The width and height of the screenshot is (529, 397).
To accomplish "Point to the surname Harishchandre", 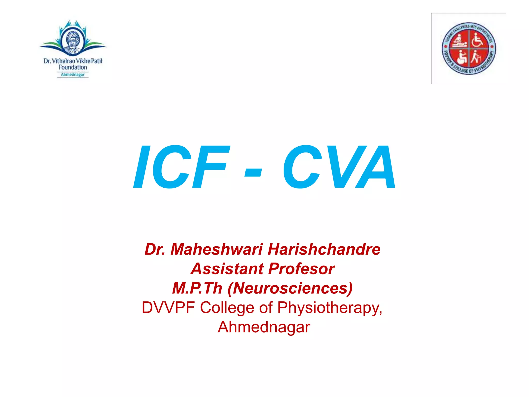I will click(x=324, y=249).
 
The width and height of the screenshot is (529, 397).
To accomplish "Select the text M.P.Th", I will click(x=197, y=288).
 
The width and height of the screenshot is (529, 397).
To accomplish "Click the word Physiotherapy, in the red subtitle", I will click(x=330, y=308).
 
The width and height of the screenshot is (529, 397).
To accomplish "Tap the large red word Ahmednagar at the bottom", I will click(x=264, y=327).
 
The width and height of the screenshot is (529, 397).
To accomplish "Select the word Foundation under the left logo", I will click(x=73, y=67).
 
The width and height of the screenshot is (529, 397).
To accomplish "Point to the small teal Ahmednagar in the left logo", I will click(x=73, y=75).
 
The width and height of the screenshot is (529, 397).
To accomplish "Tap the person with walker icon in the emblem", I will click(x=476, y=57).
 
